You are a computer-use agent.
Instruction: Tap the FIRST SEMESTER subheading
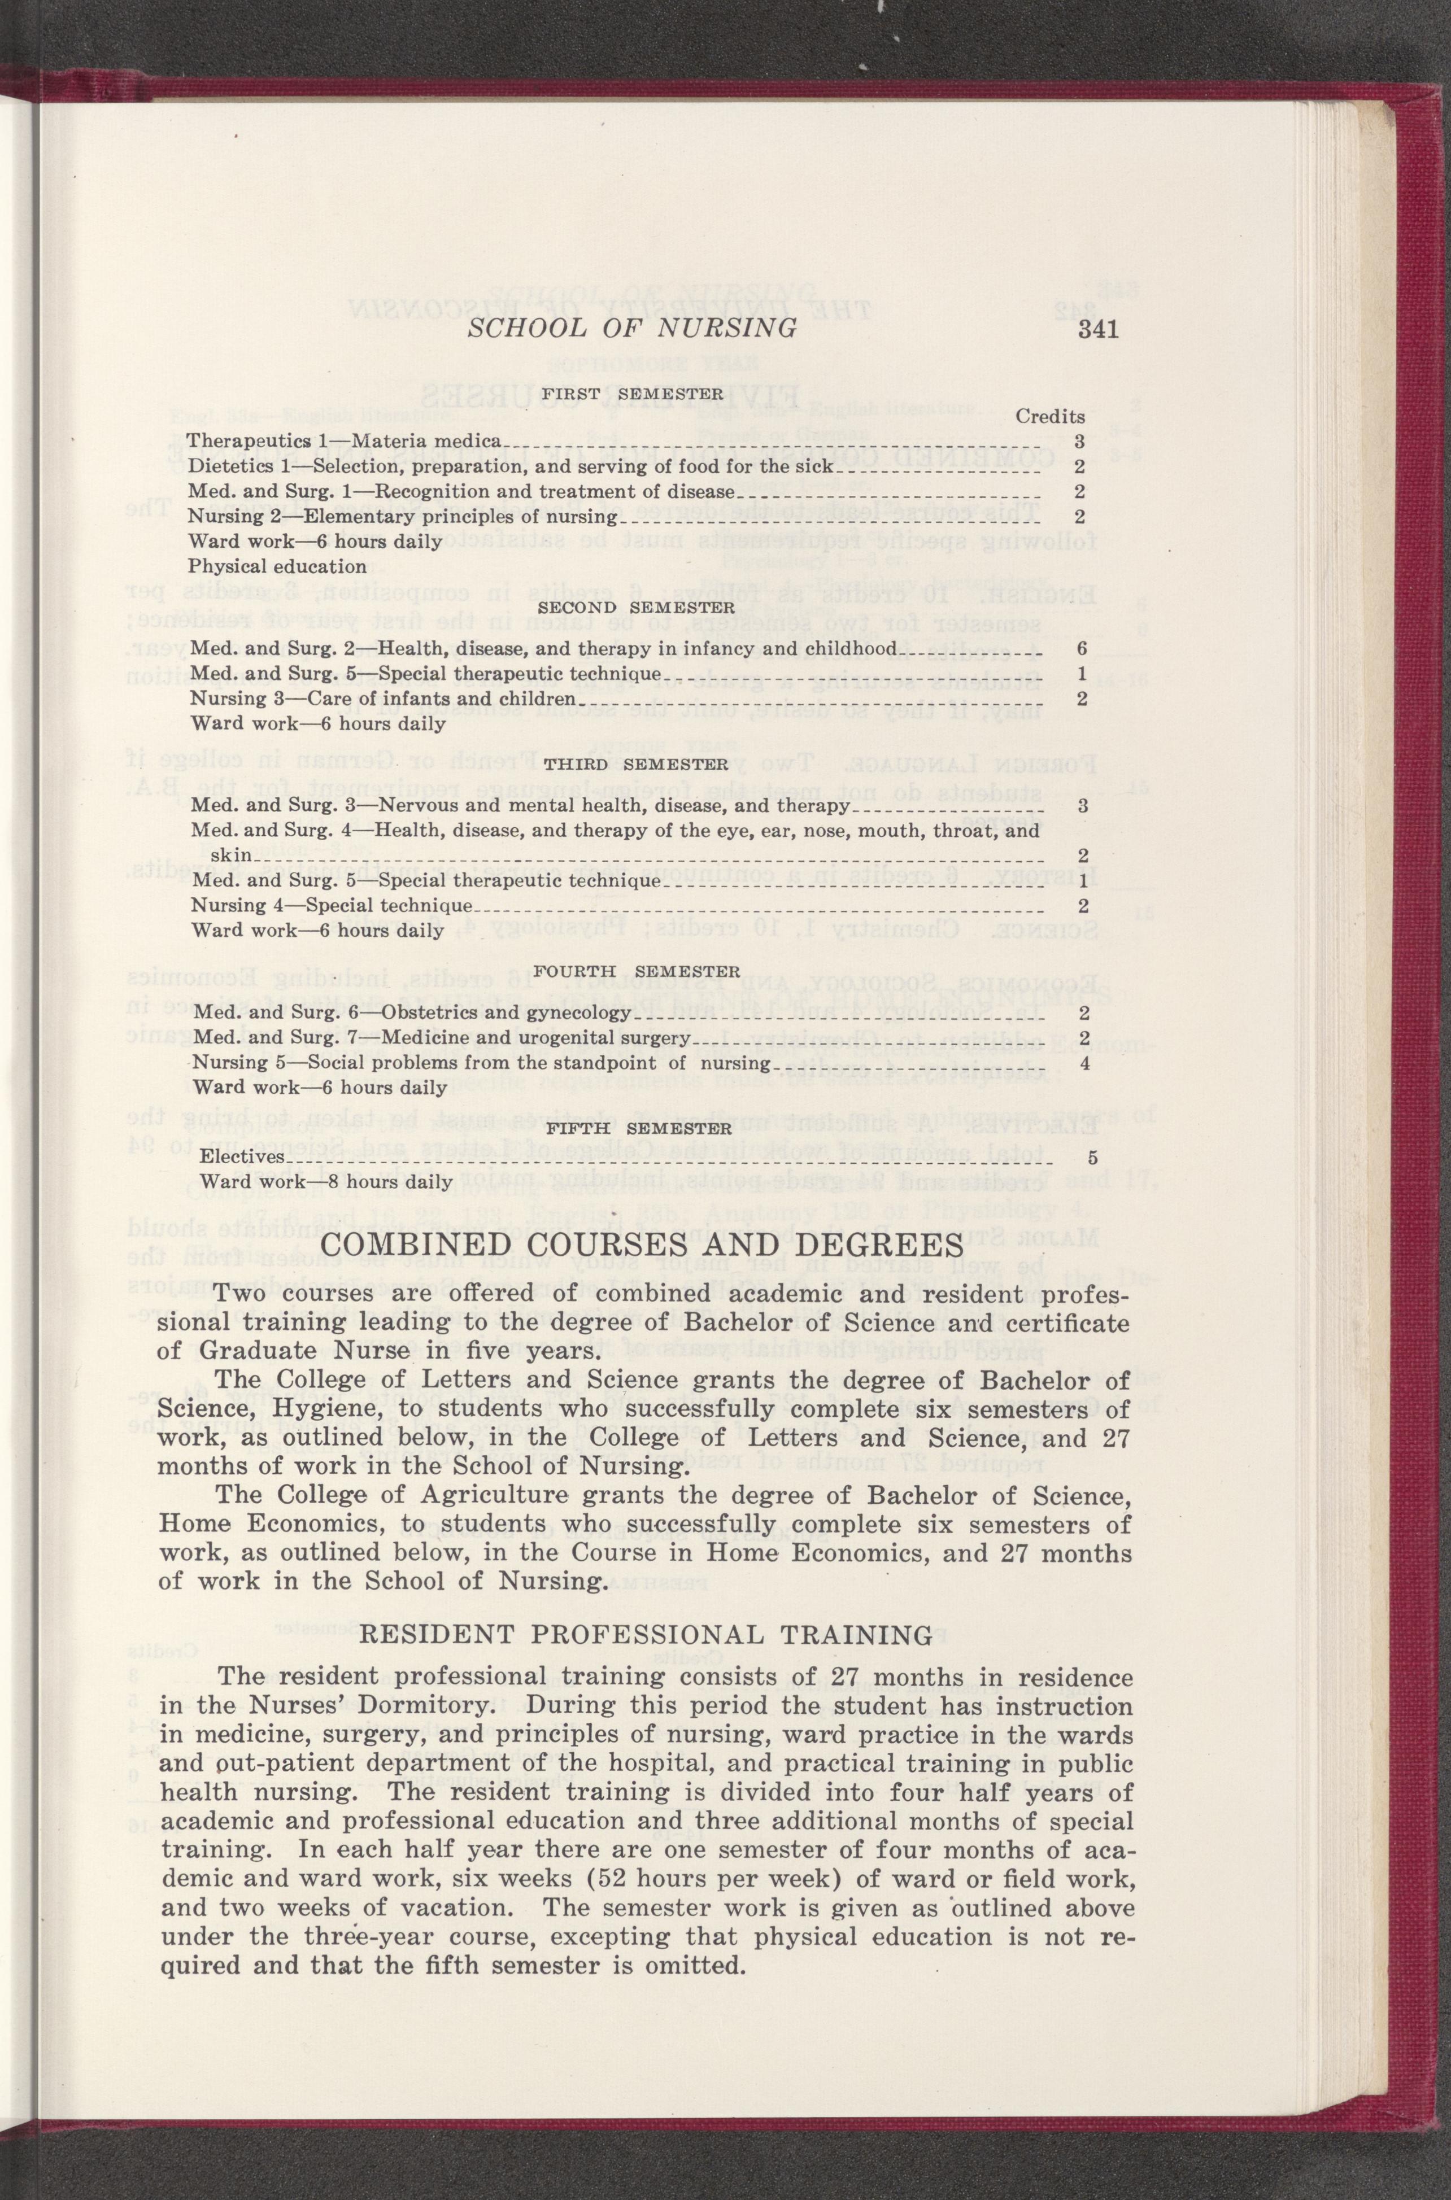632,393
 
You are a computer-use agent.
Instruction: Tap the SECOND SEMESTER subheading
636,608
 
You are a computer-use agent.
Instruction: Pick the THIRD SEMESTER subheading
635,764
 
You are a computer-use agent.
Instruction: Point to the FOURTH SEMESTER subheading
637,971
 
